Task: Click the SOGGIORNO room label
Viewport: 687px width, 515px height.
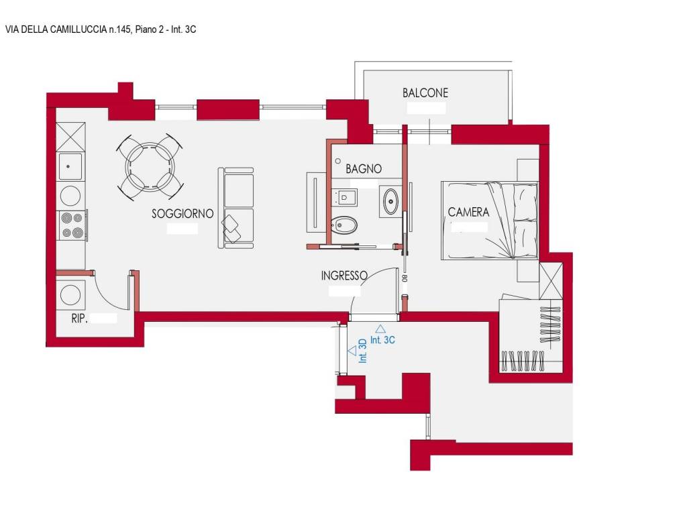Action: click(x=182, y=214)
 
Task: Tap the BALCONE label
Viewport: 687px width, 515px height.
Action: click(x=425, y=93)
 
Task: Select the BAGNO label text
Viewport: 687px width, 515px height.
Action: click(x=363, y=168)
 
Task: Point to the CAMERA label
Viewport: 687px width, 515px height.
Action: click(x=468, y=213)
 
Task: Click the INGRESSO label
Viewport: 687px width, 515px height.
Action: click(x=344, y=276)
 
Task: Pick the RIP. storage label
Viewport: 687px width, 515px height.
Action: click(x=79, y=319)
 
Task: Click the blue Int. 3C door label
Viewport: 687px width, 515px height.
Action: click(x=382, y=340)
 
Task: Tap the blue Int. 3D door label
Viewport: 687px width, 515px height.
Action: click(x=362, y=351)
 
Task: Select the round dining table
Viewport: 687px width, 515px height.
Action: click(x=150, y=167)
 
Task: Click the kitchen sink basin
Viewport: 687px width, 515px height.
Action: click(x=70, y=166)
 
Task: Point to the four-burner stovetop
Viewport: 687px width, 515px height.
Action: click(x=72, y=225)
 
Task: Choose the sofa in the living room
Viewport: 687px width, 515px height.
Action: click(x=235, y=208)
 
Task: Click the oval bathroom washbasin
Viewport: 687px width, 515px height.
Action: click(x=390, y=201)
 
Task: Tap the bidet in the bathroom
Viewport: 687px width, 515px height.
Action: click(x=344, y=225)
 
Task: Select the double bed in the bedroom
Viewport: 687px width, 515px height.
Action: click(x=489, y=221)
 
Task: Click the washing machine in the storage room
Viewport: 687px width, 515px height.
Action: click(x=70, y=294)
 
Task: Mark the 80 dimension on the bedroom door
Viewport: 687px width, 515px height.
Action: click(x=405, y=278)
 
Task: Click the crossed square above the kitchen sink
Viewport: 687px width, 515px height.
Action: click(x=70, y=137)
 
